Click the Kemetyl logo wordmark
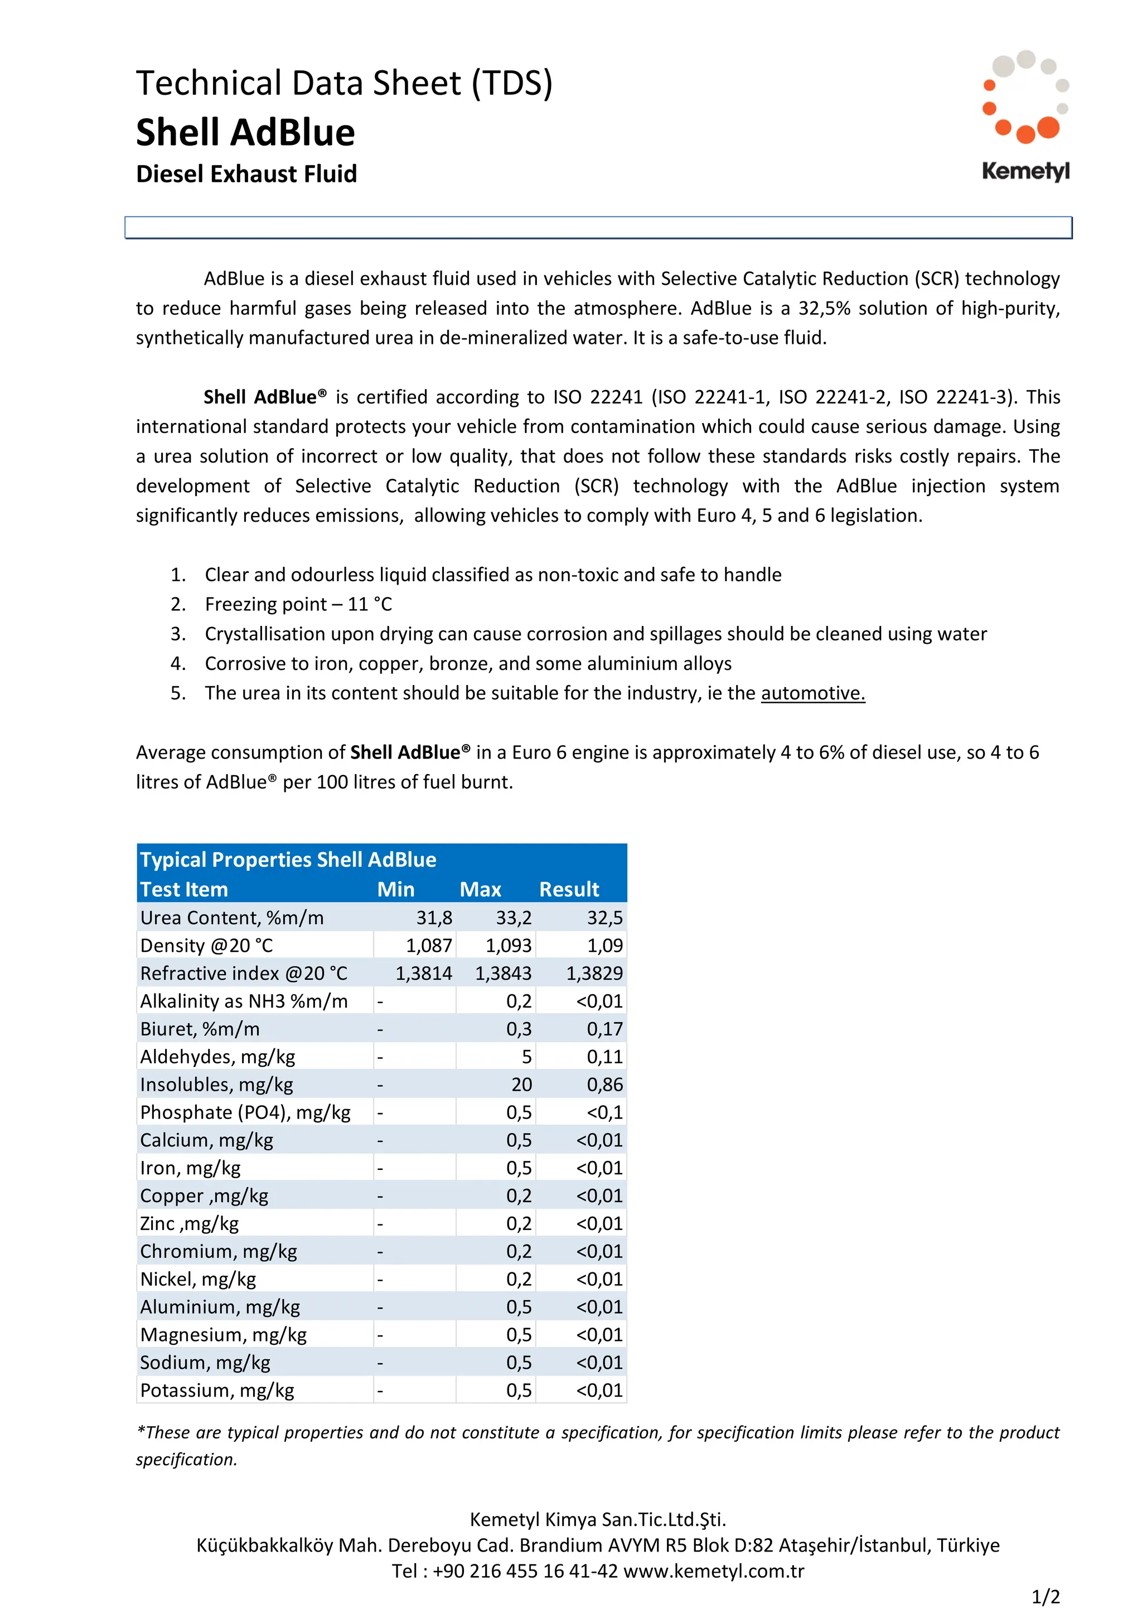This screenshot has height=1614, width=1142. coord(1025,171)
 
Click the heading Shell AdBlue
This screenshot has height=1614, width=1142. coord(245,132)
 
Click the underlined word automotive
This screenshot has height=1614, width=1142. coord(812,693)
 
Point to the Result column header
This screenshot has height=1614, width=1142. coord(569,889)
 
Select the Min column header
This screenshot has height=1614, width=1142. coord(395,889)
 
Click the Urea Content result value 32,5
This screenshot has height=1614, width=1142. coord(605,917)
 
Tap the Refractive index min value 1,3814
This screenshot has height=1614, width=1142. coord(423,973)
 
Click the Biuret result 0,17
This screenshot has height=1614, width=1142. coord(605,1029)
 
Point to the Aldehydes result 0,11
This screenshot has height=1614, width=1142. coord(605,1057)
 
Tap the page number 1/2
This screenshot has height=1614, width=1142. coord(1045,1597)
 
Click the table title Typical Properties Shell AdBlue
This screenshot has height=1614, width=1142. coord(288,860)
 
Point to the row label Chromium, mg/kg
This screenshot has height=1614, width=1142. coord(218,1251)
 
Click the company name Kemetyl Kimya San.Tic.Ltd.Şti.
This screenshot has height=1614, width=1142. coord(598,1520)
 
